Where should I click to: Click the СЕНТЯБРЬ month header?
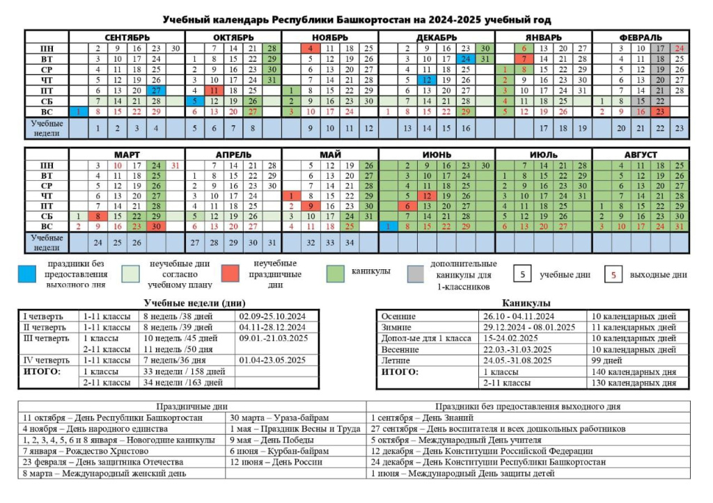[127, 38]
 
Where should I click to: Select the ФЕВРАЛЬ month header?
[641, 38]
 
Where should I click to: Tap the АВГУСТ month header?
[641, 154]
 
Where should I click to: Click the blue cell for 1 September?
[78, 112]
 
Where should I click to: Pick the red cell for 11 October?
[214, 90]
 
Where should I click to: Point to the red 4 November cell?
[311, 48]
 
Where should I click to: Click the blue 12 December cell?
[427, 80]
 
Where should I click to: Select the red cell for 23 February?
[660, 112]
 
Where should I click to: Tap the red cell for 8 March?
[97, 216]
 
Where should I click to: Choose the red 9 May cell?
[311, 207]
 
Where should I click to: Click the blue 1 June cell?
[388, 226]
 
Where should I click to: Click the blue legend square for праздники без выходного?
[27, 274]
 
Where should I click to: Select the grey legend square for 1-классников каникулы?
[415, 274]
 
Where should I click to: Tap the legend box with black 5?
[522, 274]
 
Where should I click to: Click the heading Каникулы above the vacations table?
[526, 303]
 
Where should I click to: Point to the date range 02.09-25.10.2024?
[272, 317]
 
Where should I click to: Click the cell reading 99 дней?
[606, 360]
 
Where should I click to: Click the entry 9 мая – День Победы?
[272, 440]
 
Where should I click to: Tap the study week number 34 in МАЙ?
[350, 243]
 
